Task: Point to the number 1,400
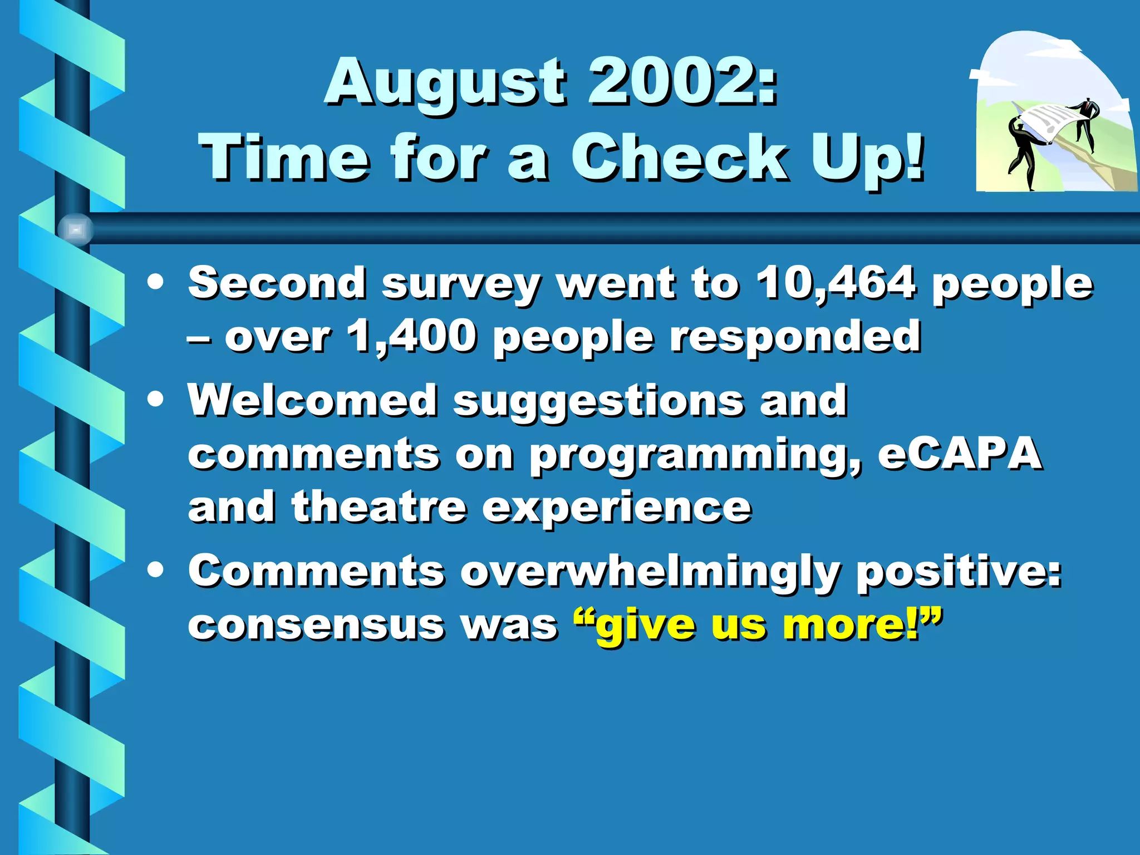(411, 337)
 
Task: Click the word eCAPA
(959, 454)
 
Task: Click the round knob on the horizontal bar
(76, 229)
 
